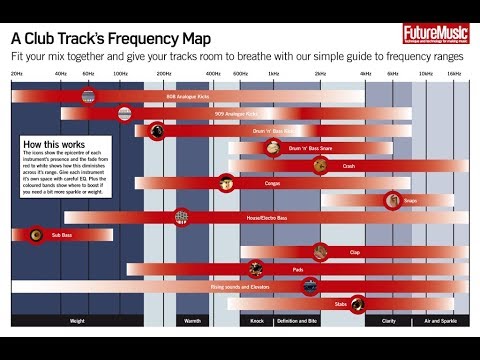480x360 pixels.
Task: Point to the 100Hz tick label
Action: pyautogui.click(x=120, y=74)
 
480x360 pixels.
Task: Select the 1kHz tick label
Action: pyautogui.click(x=271, y=74)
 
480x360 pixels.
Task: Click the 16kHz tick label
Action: pyautogui.click(x=454, y=74)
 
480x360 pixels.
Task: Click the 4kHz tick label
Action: pyautogui.click(x=365, y=74)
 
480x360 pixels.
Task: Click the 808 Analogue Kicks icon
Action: pyautogui.click(x=88, y=97)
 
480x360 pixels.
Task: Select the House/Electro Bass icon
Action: pyautogui.click(x=181, y=216)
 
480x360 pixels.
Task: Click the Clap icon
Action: pyautogui.click(x=320, y=251)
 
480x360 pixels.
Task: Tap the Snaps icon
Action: pyautogui.click(x=395, y=200)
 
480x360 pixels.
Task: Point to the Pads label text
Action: pyautogui.click(x=298, y=269)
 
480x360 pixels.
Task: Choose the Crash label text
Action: pyautogui.click(x=348, y=165)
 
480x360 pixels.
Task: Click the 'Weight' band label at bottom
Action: pyautogui.click(x=77, y=320)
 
